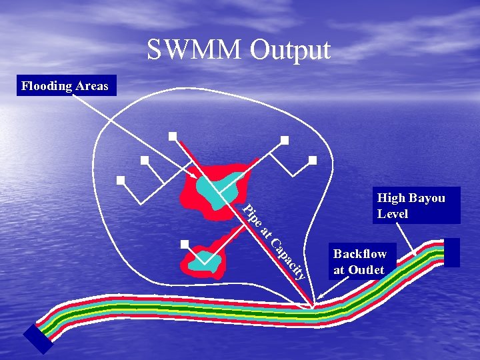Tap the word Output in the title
click(289, 51)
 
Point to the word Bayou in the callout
click(427, 198)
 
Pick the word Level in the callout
click(392, 214)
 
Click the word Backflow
click(360, 254)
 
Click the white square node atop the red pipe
click(173, 136)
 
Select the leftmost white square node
click(121, 180)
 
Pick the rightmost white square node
click(312, 160)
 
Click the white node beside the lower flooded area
click(185, 243)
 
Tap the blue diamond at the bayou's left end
click(39, 339)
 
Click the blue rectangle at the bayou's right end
click(451, 253)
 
